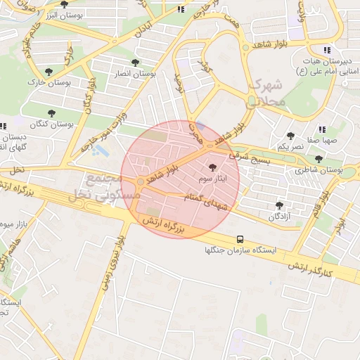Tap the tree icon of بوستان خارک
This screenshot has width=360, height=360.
48,71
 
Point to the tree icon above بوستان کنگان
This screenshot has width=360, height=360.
51,112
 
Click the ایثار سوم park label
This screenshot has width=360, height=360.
212,179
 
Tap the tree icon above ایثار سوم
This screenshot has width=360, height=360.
213,167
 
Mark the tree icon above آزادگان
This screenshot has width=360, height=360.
281,205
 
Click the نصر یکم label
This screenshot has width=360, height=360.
290,147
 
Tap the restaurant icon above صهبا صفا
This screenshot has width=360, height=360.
322,129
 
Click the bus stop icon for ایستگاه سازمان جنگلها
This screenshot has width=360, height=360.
240,239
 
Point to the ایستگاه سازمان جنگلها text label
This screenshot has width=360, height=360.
240,250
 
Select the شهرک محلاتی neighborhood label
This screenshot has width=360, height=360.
266,93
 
